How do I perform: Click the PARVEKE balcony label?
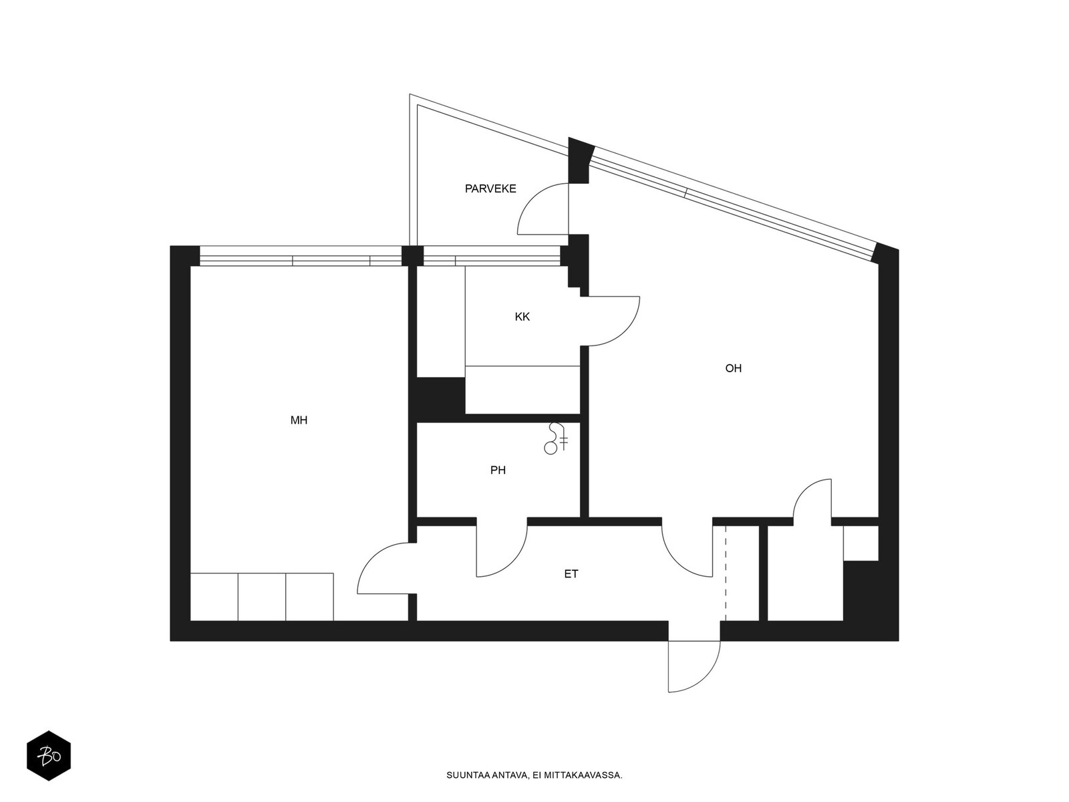tap(490, 188)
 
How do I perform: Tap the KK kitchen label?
tap(522, 317)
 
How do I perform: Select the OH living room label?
tap(733, 368)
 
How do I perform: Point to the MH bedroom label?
tap(299, 420)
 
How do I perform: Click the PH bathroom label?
tap(498, 471)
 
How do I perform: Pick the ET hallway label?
tap(571, 574)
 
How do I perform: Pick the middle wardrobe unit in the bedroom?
tap(262, 597)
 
